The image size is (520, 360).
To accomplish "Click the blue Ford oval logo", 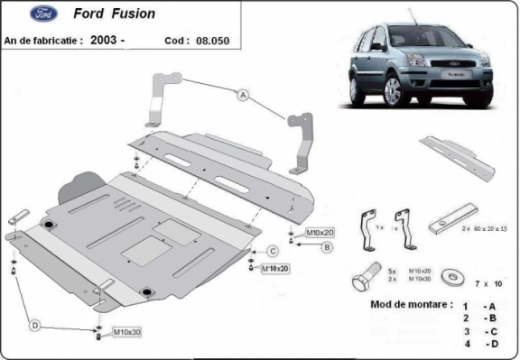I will pyautogui.click(x=19, y=14).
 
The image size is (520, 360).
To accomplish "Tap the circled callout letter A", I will pyautogui.click(x=243, y=94).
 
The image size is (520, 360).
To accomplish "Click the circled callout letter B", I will pyautogui.click(x=328, y=246).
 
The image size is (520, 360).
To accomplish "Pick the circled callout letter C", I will pyautogui.click(x=272, y=252).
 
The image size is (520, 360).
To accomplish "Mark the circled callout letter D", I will pyautogui.click(x=34, y=324).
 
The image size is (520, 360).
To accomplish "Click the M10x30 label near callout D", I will pyautogui.click(x=127, y=334).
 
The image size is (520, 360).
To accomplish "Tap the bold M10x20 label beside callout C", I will pyautogui.click(x=275, y=269).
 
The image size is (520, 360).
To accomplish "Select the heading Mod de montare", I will pyautogui.click(x=411, y=304).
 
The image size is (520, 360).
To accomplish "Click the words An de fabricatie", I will pyautogui.click(x=43, y=41).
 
